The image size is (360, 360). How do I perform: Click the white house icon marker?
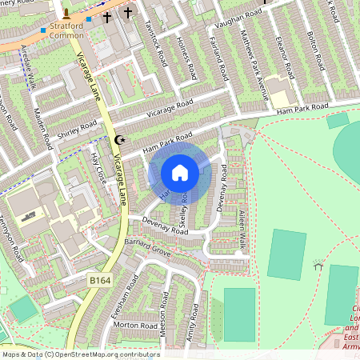coord(180,173)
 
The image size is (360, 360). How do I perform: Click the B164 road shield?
coord(99,281)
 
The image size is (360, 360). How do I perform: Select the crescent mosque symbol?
coord(122,140)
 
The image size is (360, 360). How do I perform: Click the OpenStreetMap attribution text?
coord(80,354)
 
